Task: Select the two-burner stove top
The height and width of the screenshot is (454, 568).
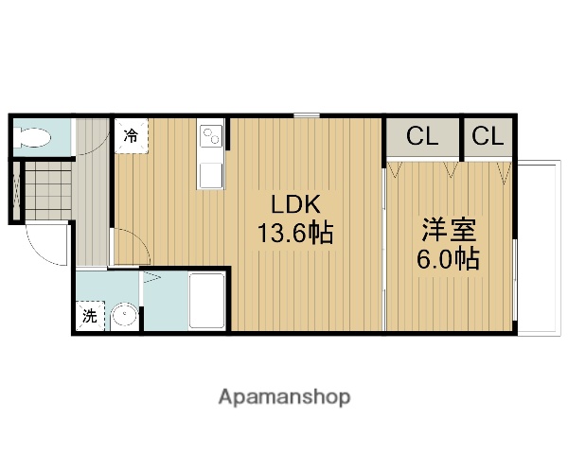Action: point(209,137)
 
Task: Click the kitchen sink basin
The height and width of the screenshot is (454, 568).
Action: point(209,173)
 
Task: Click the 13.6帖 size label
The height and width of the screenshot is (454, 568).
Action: point(295,233)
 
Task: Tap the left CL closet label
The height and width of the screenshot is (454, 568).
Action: point(422,136)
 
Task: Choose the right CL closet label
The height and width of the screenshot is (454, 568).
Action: point(488,136)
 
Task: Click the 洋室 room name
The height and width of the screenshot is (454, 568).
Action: point(449,230)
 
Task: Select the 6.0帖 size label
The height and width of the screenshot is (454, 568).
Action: point(449,258)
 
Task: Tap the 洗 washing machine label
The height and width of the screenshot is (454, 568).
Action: point(89,317)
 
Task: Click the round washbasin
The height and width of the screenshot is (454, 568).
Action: point(123,317)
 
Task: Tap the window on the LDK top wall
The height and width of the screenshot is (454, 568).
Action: point(306,115)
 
